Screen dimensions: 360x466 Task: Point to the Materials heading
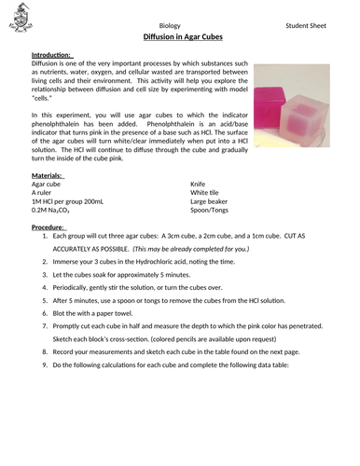[x=48, y=175]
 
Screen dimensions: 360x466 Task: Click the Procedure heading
[x=48, y=226]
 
